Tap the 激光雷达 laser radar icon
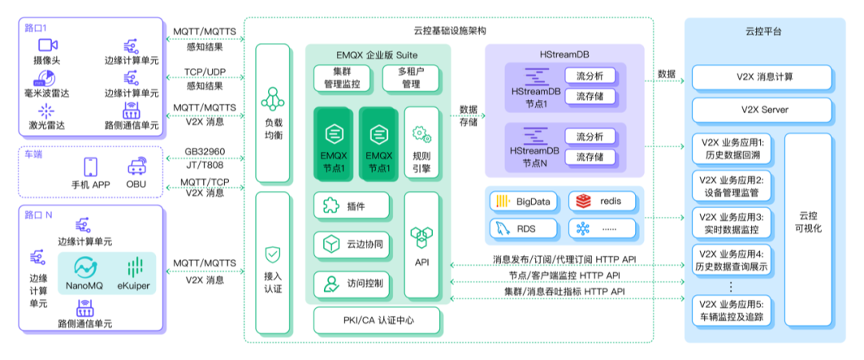pyautogui.click(x=45, y=110)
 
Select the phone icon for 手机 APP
pyautogui.click(x=90, y=166)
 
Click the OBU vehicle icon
pyautogui.click(x=135, y=166)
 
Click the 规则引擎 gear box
pyautogui.click(x=421, y=145)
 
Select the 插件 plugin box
pyautogui.click(x=351, y=207)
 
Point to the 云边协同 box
pyautogui.click(x=351, y=245)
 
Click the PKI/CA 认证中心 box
pyautogui.click(x=376, y=322)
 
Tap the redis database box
pyautogui.click(x=604, y=201)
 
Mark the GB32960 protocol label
pyautogui.click(x=205, y=150)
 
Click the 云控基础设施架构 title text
pyautogui.click(x=449, y=30)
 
